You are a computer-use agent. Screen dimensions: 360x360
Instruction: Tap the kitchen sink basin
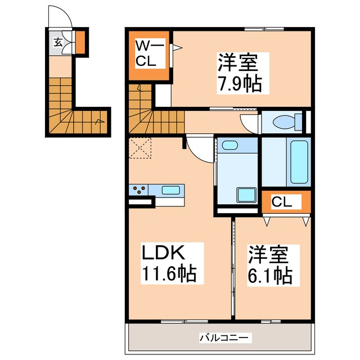[170, 190]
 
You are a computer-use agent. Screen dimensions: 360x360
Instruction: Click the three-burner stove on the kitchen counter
[139, 190]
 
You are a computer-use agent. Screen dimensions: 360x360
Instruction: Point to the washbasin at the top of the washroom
[230, 146]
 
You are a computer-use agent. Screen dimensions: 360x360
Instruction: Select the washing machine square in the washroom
[245, 196]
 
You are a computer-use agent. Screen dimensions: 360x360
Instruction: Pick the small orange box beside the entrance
[80, 40]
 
